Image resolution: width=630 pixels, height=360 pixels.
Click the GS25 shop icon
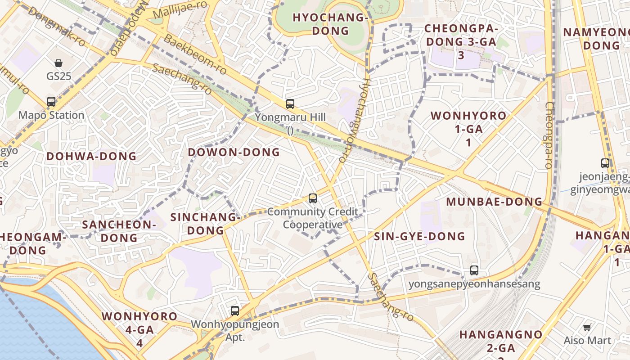(58, 63)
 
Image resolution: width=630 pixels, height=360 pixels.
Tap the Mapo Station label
(51, 115)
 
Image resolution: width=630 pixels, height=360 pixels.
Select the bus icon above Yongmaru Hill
(290, 104)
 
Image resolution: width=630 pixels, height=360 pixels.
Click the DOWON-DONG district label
(234, 152)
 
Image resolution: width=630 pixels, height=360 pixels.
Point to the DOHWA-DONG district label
(91, 157)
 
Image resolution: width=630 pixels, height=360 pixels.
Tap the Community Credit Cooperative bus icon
(312, 198)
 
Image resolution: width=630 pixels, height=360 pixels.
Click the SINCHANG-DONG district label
(205, 224)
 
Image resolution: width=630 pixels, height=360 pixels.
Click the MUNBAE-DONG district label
(494, 202)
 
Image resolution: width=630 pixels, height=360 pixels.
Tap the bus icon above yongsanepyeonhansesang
(474, 270)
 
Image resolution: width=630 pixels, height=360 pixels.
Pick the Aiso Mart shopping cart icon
(587, 327)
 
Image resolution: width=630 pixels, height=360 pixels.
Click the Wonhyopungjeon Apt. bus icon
(235, 310)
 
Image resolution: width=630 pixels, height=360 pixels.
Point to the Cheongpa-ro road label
(549, 135)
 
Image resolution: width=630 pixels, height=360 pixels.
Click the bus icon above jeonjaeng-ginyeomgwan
(605, 163)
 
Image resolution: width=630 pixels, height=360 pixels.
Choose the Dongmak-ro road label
(56, 26)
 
